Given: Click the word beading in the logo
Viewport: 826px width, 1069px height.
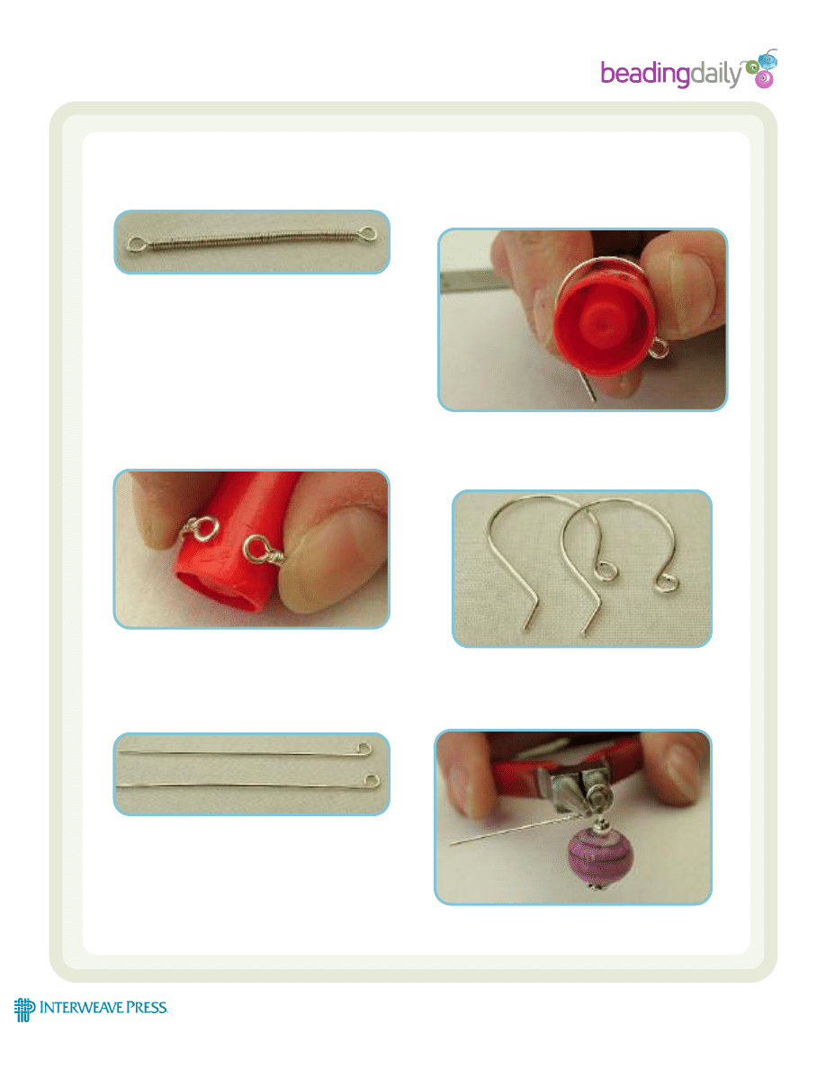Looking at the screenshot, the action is [x=645, y=74].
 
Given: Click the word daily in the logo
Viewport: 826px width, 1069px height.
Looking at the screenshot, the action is [x=715, y=73].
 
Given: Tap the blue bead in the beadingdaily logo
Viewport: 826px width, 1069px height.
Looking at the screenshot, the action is [x=768, y=60].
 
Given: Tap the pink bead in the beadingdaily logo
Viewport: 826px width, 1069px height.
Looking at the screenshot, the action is [x=764, y=80].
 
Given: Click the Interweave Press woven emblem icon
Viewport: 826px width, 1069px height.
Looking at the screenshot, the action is [x=24, y=1010].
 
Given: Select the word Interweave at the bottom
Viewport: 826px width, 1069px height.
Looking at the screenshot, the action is [x=82, y=1008].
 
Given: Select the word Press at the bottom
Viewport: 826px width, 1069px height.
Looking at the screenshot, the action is [x=148, y=1008].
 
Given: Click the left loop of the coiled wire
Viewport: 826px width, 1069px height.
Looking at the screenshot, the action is [x=136, y=243].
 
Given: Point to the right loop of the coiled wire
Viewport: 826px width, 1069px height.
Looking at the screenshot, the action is [x=368, y=235].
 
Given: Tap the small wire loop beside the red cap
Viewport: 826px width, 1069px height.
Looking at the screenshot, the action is [x=658, y=349].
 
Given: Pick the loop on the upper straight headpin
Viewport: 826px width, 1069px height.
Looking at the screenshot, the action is [x=364, y=750].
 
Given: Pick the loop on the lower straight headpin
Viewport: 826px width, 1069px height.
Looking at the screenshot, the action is [x=373, y=781].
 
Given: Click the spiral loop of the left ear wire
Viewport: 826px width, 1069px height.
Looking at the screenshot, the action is [x=605, y=570].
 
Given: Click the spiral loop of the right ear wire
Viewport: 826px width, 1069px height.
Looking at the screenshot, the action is [x=667, y=581].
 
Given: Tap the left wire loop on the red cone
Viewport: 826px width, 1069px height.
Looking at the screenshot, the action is [x=201, y=528].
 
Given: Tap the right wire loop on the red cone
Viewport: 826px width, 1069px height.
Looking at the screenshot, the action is [x=263, y=550].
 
